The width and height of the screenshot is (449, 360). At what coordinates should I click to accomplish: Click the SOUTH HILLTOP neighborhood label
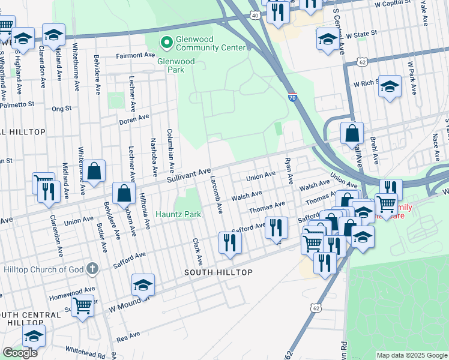[218, 272]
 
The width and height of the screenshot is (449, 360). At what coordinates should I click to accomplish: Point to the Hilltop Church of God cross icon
[91, 268]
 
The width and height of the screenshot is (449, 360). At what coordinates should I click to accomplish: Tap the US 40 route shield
[256, 14]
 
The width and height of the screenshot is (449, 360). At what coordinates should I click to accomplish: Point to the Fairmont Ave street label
[136, 55]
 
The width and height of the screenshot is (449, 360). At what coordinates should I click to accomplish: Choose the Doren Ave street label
[134, 119]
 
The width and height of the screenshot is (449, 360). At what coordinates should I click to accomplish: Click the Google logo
[20, 353]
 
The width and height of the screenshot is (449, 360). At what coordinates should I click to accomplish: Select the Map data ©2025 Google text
[411, 355]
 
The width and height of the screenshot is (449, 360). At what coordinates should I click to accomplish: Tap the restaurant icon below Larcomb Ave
[230, 242]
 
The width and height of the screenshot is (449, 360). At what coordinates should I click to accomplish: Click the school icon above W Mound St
[143, 286]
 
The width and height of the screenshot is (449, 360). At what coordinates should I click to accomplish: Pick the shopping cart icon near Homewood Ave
[82, 305]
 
